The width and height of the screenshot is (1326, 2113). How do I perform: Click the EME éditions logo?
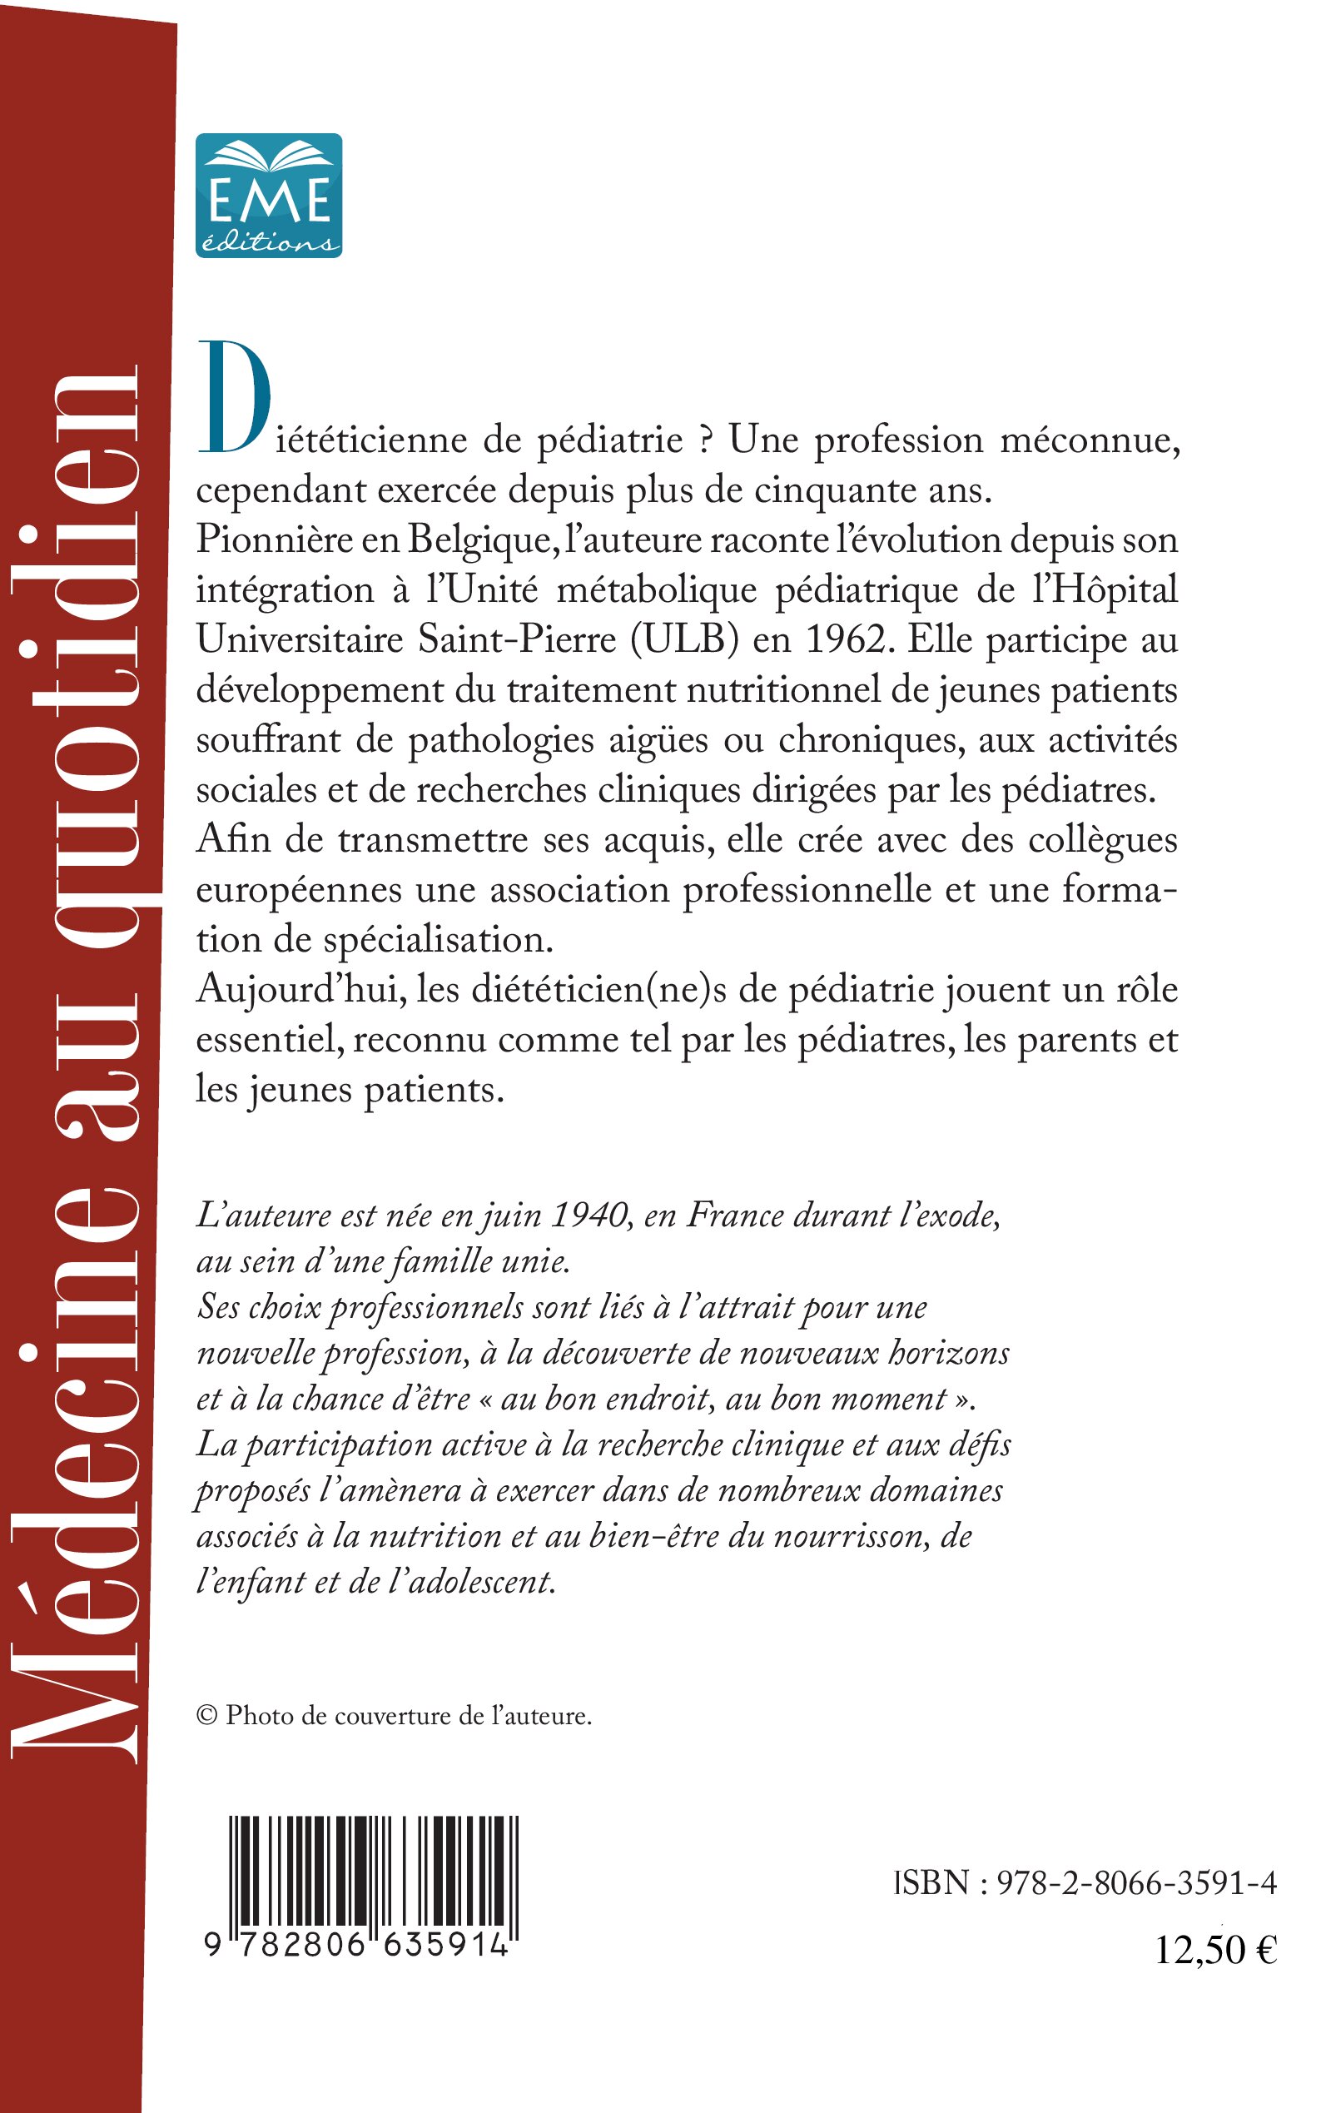pyautogui.click(x=268, y=195)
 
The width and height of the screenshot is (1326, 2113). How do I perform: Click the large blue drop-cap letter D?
pyautogui.click(x=234, y=399)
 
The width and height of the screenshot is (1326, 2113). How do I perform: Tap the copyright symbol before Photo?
pyautogui.click(x=207, y=1716)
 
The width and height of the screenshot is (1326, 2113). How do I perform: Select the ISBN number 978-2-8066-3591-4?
pyautogui.click(x=1135, y=1883)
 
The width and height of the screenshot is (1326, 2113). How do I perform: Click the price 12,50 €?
pyautogui.click(x=1214, y=1950)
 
